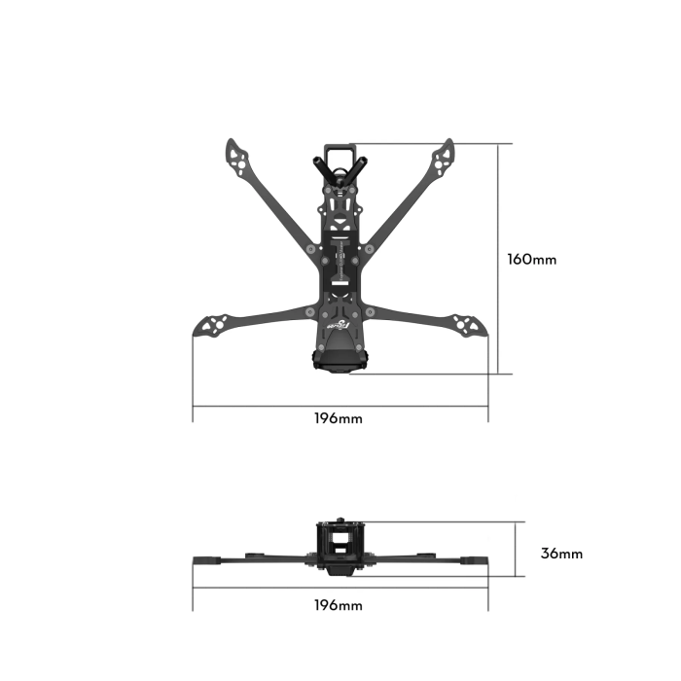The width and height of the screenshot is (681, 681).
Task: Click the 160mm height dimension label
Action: click(x=532, y=260)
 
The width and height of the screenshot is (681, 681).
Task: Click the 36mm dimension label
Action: click(x=561, y=554)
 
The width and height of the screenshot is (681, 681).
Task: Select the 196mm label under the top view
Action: click(x=338, y=418)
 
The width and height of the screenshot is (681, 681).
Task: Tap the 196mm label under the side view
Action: click(x=338, y=605)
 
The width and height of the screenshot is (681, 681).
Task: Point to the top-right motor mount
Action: click(x=446, y=152)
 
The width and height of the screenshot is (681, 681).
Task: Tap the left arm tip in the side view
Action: click(x=206, y=561)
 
